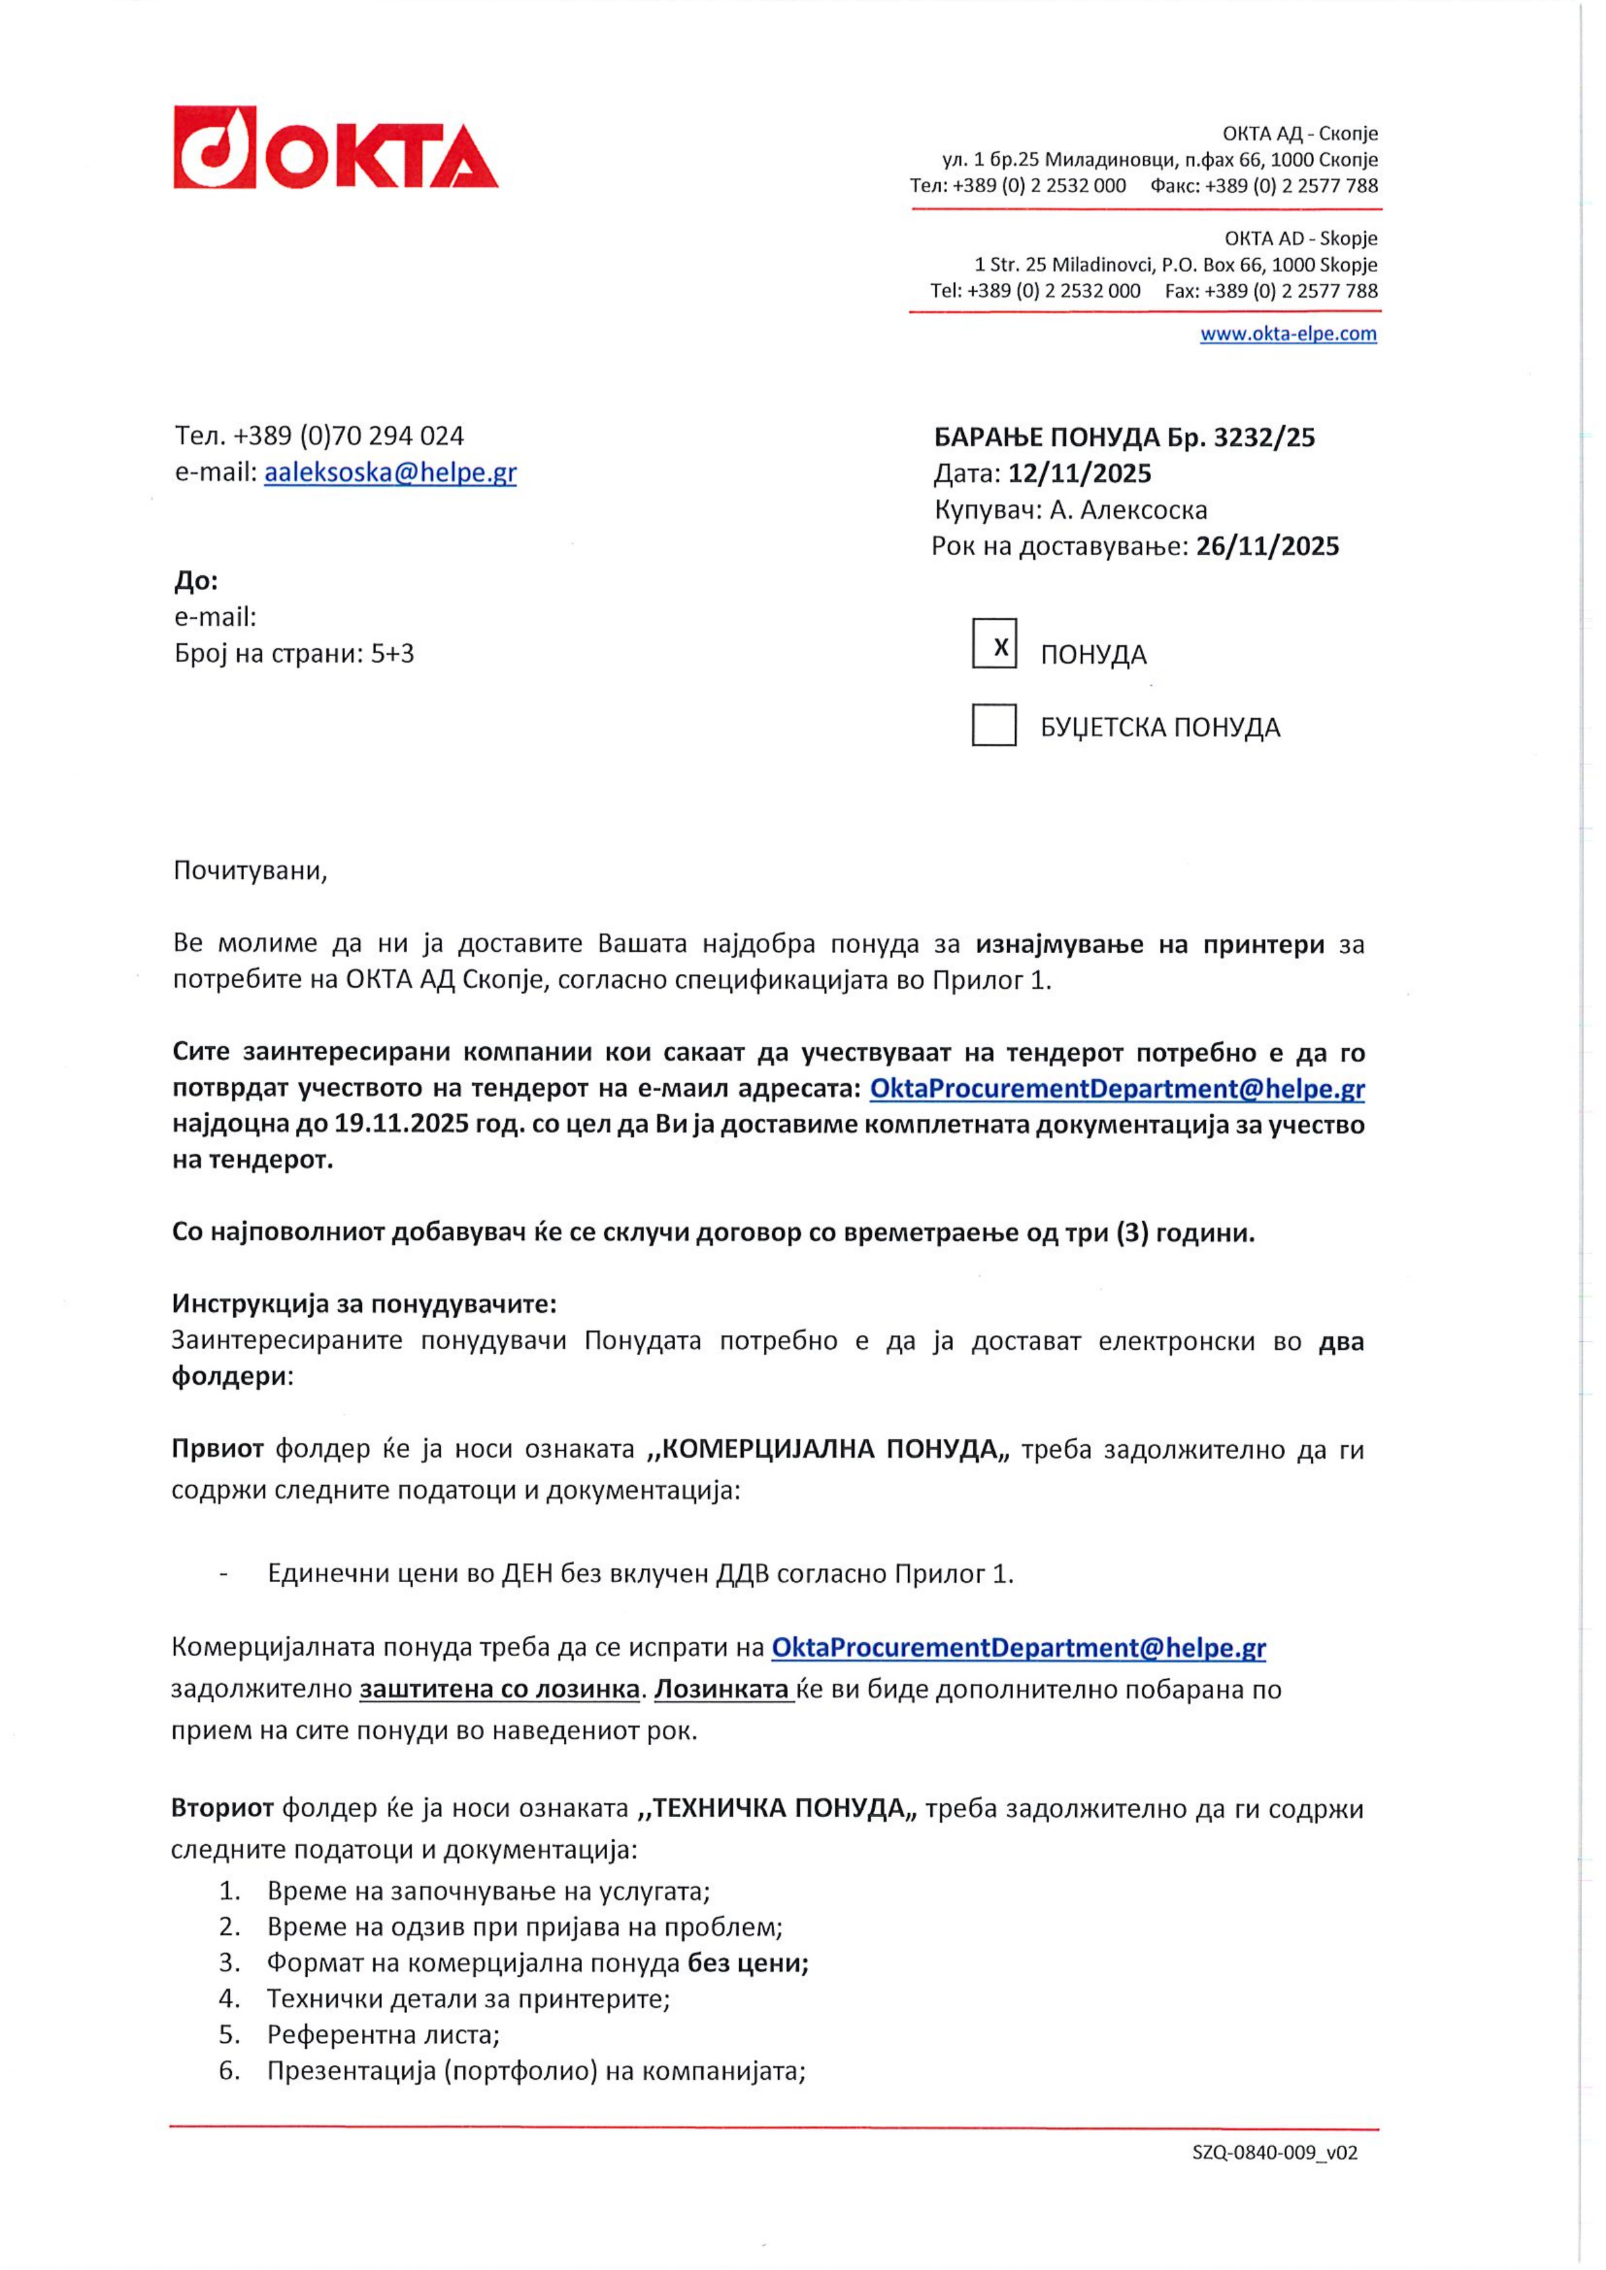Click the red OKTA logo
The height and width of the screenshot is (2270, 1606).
point(335,148)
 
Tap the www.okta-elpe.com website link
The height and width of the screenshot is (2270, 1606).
point(1288,333)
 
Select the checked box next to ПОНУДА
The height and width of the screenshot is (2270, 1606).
point(994,644)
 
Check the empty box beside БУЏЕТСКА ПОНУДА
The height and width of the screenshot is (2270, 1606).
point(994,725)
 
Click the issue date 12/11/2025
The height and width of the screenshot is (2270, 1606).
point(1080,474)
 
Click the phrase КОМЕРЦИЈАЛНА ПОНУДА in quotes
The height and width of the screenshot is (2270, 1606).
point(829,1449)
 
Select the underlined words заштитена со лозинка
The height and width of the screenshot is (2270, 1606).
point(499,1690)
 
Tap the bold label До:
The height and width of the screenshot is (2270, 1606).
point(195,580)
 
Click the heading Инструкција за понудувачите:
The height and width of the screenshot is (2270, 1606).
point(364,1304)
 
